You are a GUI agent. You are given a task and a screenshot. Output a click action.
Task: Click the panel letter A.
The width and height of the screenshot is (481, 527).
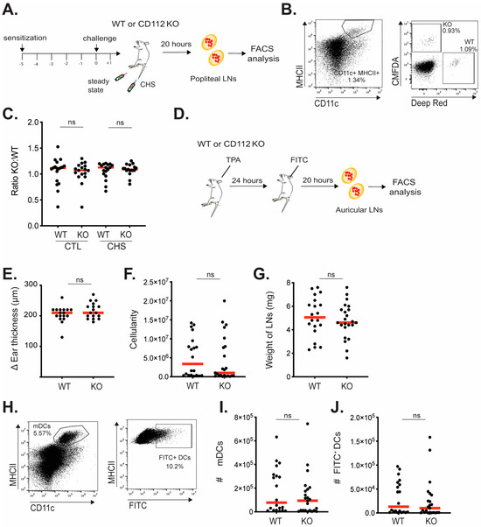tap(10, 11)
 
